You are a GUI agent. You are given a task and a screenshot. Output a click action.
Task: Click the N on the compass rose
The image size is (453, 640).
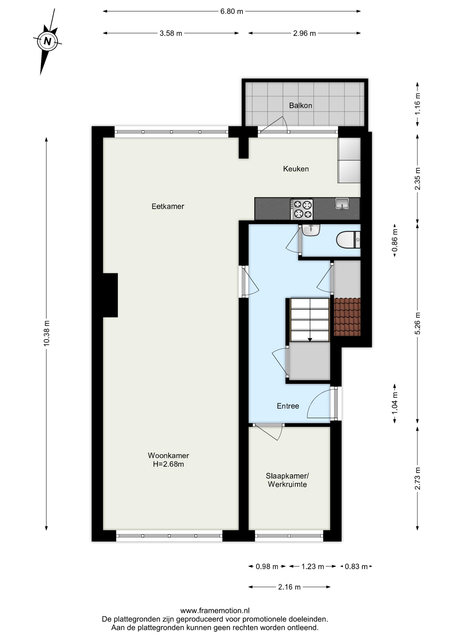coord(48,41)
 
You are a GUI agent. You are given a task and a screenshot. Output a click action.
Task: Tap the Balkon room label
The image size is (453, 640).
coord(301,106)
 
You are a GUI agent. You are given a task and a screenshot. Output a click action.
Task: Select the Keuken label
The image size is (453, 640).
coord(296,169)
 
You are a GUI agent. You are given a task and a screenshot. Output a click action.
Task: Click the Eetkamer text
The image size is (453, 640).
coord(168,206)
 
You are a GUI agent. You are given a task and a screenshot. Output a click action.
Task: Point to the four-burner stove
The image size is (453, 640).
coord(302,209)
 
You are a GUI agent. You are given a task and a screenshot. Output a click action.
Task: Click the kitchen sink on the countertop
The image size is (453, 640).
coord(342,203)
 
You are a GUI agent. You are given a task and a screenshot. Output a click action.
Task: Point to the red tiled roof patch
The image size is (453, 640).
coord(347,317)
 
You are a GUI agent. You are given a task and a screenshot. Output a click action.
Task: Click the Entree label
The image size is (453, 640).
coord(288,406)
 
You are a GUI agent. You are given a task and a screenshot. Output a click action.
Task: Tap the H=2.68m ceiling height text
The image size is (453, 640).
coord(168,464)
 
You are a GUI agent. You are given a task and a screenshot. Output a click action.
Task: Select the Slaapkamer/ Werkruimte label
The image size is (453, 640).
coord(287,480)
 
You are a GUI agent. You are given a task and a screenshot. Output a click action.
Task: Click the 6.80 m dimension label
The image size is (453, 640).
coord(232,11)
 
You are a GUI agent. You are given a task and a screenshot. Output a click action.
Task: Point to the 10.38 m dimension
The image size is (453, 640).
coord(46,333)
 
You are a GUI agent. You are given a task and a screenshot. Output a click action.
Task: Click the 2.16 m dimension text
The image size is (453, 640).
coord(290,587)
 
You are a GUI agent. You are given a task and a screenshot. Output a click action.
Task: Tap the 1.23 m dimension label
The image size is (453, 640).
coord(313,567)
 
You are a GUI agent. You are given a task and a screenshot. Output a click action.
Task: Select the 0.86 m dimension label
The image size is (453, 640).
coord(395,240)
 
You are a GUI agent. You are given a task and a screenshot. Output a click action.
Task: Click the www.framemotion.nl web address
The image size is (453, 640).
coord(215,611)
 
